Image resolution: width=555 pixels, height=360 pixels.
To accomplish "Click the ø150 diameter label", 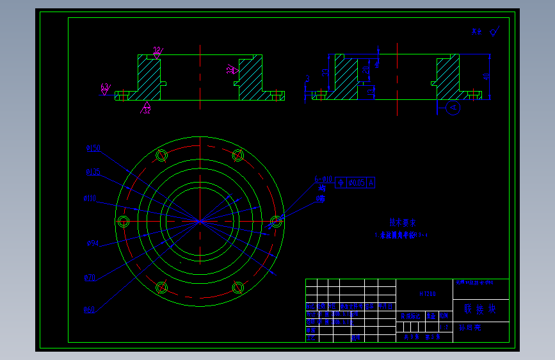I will pyautogui.click(x=93, y=149).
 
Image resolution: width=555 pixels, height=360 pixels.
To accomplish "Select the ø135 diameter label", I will pyautogui.click(x=93, y=172).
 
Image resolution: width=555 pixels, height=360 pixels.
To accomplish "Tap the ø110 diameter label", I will pyautogui.click(x=90, y=199).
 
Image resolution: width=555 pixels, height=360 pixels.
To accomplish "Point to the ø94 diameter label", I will pyautogui.click(x=92, y=243).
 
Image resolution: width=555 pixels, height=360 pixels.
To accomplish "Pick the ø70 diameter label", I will pyautogui.click(x=90, y=277).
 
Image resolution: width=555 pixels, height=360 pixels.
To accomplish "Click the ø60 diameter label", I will pyautogui.click(x=90, y=310).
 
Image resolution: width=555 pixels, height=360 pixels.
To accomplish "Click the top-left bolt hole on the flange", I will pyautogui.click(x=161, y=155).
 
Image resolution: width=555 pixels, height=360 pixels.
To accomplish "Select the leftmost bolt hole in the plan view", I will pyautogui.click(x=124, y=222).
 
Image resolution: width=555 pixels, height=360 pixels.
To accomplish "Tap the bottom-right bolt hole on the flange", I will pyautogui.click(x=238, y=287).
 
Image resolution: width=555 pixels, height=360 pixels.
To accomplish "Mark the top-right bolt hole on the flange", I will pyautogui.click(x=238, y=155).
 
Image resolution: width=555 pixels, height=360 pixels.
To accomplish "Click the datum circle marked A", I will pyautogui.click(x=453, y=108).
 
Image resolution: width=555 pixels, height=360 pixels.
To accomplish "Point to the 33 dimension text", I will pyautogui.click(x=325, y=72).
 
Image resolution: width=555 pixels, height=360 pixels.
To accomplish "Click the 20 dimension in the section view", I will pyautogui.click(x=365, y=69).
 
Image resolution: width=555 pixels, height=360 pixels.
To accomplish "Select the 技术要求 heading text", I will pyautogui.click(x=403, y=222).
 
